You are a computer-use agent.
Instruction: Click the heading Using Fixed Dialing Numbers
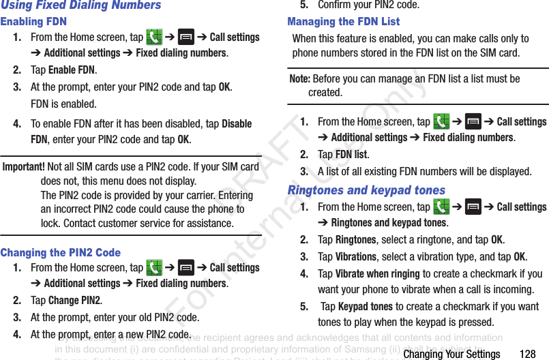pyautogui.click(x=80, y=5)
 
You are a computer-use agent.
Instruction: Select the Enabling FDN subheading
pyautogui.click(x=33, y=22)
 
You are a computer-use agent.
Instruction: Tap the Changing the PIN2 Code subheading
pyautogui.click(x=61, y=252)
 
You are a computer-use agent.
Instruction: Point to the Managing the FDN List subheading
pyautogui.click(x=343, y=22)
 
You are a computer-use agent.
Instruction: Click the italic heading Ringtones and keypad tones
pyautogui.click(x=366, y=190)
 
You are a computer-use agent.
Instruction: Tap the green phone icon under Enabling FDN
pyautogui.click(x=154, y=37)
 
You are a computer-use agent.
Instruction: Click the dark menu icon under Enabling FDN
pyautogui.click(x=186, y=37)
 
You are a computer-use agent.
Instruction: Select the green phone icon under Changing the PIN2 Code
pyautogui.click(x=154, y=267)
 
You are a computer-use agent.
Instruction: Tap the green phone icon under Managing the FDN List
pyautogui.click(x=441, y=121)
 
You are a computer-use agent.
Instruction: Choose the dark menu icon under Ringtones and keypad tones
pyautogui.click(x=473, y=207)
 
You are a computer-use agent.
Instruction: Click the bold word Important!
pyautogui.click(x=24, y=167)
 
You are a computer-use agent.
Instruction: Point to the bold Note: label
pyautogui.click(x=300, y=79)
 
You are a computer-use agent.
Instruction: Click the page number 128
pyautogui.click(x=527, y=354)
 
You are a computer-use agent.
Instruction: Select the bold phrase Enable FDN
pyautogui.click(x=72, y=70)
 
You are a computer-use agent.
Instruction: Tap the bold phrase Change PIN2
pyautogui.click(x=74, y=301)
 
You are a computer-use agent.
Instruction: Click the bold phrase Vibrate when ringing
pyautogui.click(x=377, y=274)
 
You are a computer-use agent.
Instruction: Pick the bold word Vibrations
pyautogui.click(x=355, y=257)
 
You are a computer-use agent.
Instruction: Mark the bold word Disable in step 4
pyautogui.click(x=237, y=124)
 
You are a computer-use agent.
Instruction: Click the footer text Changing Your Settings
pyautogui.click(x=451, y=354)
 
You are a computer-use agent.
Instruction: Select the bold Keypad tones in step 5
pyautogui.click(x=365, y=307)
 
